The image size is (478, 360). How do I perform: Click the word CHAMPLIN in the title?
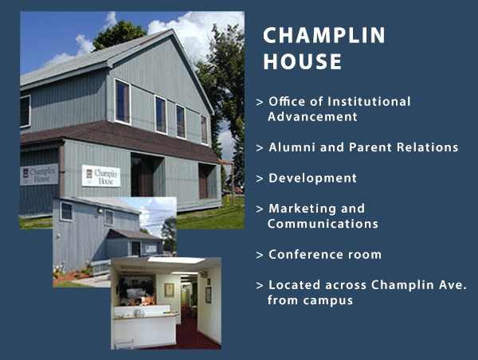(324, 35)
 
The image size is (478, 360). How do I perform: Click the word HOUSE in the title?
(303, 61)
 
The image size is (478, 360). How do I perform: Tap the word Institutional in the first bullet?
(369, 101)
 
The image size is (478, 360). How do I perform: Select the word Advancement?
(312, 117)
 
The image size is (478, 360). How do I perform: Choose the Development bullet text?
(313, 178)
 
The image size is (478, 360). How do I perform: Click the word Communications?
(323, 224)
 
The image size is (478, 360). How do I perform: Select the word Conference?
(307, 254)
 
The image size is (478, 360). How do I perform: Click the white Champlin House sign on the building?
(101, 176)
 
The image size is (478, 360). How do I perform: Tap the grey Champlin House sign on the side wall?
(39, 174)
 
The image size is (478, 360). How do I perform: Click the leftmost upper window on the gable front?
(123, 101)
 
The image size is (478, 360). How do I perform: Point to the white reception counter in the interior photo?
(145, 327)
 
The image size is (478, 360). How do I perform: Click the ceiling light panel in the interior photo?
(176, 260)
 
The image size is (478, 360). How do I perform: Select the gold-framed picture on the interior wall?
(169, 290)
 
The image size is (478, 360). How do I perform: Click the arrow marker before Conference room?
(260, 255)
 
